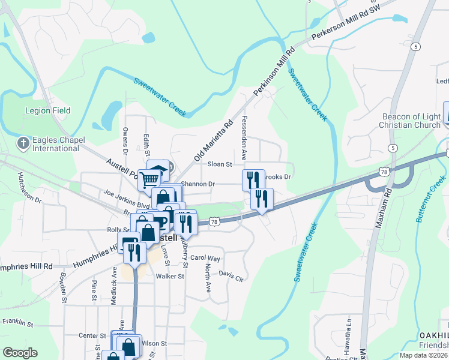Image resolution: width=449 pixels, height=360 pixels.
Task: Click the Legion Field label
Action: click(x=47, y=110)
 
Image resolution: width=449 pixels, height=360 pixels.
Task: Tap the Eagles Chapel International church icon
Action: click(x=23, y=143)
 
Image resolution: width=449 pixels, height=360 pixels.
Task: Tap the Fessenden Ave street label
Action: click(x=244, y=137)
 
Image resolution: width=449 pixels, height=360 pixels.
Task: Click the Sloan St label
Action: click(x=220, y=164)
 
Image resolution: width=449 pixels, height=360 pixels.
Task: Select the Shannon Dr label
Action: click(x=197, y=184)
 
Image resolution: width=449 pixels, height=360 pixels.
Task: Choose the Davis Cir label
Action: click(x=231, y=275)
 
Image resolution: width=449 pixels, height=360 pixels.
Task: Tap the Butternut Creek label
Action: click(x=430, y=199)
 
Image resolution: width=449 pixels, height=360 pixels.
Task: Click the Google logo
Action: click(x=20, y=353)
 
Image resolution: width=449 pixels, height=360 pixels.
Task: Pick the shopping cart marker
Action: click(x=149, y=179)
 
